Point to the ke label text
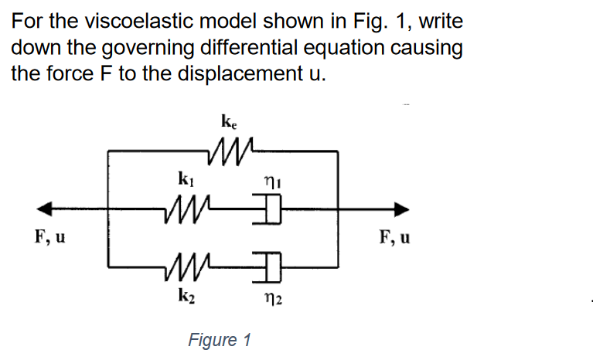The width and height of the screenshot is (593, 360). [x=229, y=121]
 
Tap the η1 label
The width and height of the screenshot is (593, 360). [x=270, y=182]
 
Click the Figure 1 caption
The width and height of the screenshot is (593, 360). [x=220, y=340]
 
